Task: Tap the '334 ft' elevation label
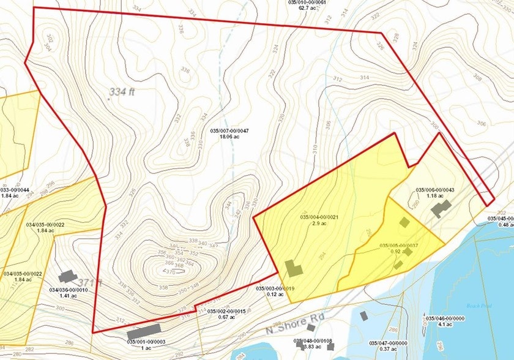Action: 124,92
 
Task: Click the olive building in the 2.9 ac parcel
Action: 293,269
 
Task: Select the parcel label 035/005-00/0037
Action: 400,246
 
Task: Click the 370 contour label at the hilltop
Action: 163,271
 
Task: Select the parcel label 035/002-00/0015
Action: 227,312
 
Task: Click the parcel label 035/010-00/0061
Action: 307,2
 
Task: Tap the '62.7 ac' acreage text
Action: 307,9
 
